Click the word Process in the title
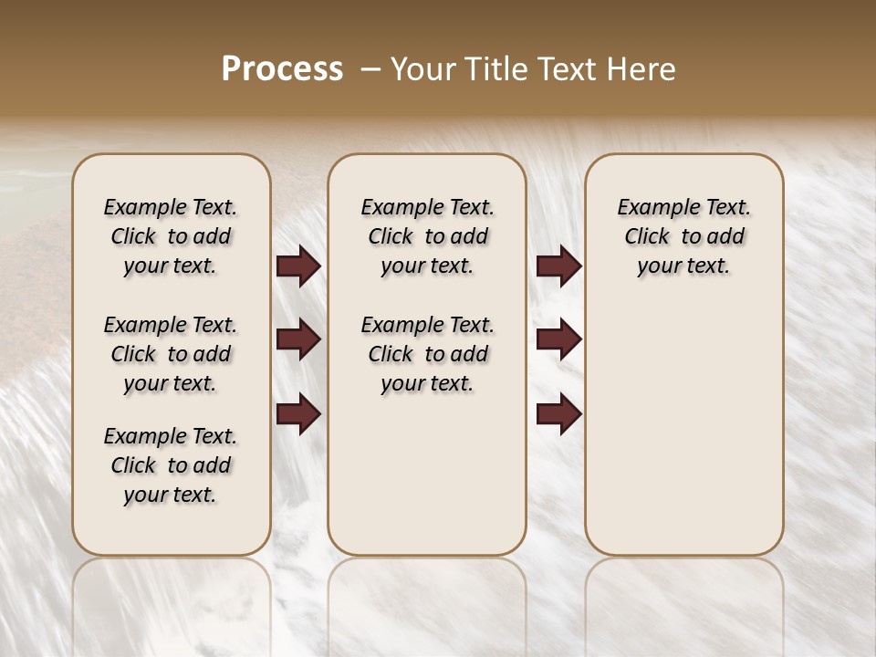[x=282, y=69]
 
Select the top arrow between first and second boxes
[x=297, y=266]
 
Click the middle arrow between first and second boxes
[x=297, y=339]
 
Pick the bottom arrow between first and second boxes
[x=297, y=413]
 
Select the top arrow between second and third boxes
[x=558, y=266]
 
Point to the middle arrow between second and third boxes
[x=558, y=339]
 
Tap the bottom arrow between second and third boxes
[x=558, y=413]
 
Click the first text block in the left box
[x=171, y=236]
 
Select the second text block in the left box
[x=171, y=354]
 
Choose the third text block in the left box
[x=171, y=465]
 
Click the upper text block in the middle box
[x=427, y=236]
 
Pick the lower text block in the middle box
[x=427, y=354]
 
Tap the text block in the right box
[x=683, y=236]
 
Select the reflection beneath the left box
[x=172, y=602]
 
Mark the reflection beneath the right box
[x=683, y=602]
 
